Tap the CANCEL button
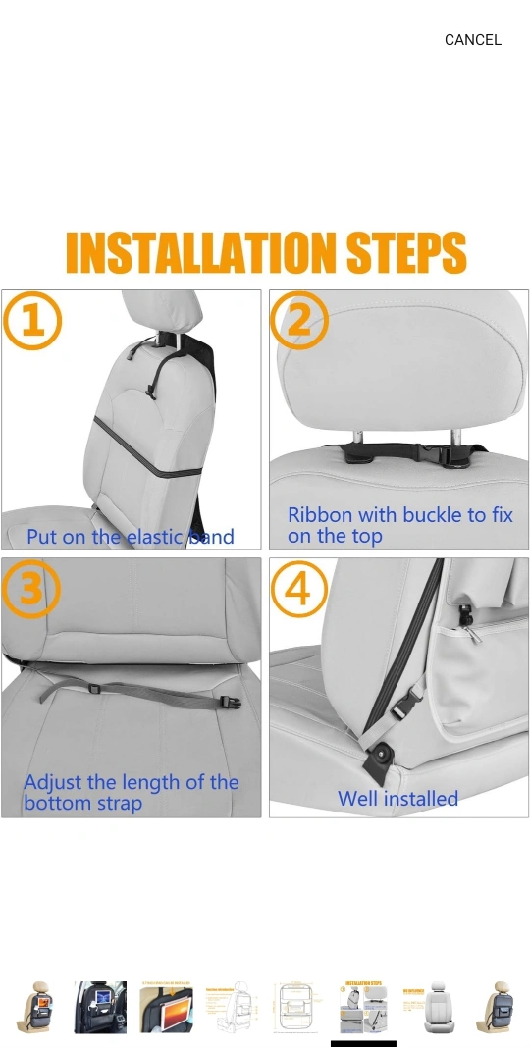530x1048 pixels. coord(472,40)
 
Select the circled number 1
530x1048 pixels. coord(32,322)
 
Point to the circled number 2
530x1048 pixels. coord(299,320)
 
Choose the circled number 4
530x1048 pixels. coord(298,589)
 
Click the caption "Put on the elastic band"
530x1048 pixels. coord(131,537)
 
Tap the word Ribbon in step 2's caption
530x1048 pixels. coord(319,515)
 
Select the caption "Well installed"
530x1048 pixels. coord(397,799)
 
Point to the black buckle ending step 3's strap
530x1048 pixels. coord(230,702)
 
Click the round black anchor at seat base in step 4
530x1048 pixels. coord(385,757)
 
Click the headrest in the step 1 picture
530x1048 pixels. coord(162,310)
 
